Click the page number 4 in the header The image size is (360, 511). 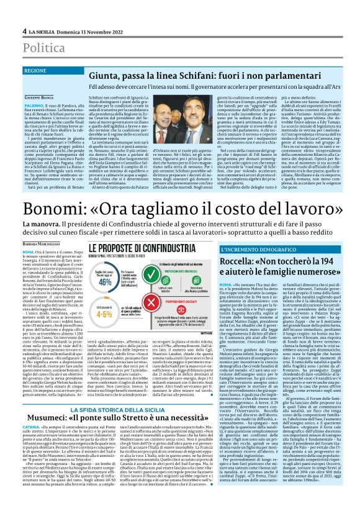pyautogui.click(x=25, y=30)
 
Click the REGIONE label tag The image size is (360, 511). pyautogui.click(x=53, y=71)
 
